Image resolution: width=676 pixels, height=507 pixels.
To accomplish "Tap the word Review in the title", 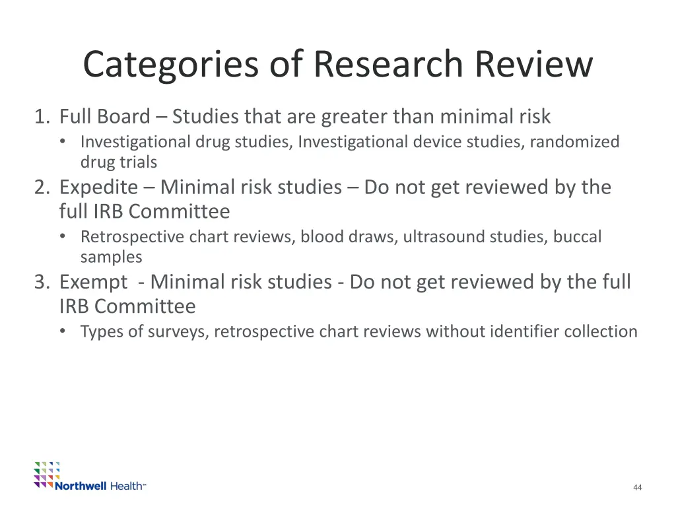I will (533, 65).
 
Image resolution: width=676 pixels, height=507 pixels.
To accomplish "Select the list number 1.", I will (42, 117).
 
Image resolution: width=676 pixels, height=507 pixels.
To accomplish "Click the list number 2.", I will (42, 187).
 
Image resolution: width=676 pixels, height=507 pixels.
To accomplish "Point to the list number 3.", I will (42, 282).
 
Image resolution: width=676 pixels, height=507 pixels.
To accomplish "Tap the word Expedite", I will (98, 187).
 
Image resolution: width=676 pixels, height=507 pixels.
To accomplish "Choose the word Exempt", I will (93, 282).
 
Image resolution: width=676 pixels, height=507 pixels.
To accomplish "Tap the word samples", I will (111, 256).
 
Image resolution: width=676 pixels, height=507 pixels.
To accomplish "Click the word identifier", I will (524, 331).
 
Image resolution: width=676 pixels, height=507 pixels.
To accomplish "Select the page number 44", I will (637, 487).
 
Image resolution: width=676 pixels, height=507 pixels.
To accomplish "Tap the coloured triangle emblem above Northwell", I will (47, 473).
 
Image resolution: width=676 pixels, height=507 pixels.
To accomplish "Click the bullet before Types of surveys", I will (62, 331).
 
